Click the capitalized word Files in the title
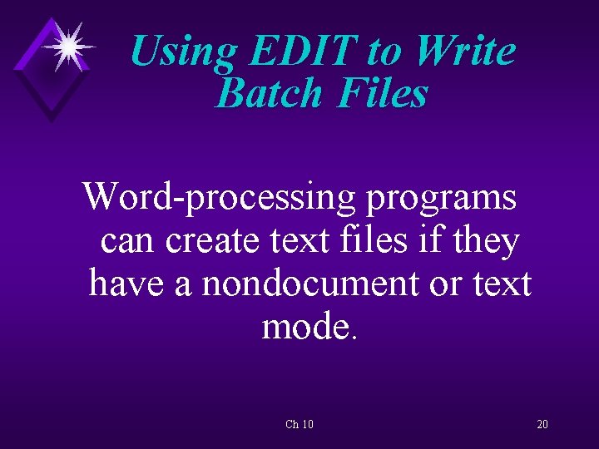383,93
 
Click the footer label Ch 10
299,425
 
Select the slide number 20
542,425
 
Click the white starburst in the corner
68,46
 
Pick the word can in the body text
128,242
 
